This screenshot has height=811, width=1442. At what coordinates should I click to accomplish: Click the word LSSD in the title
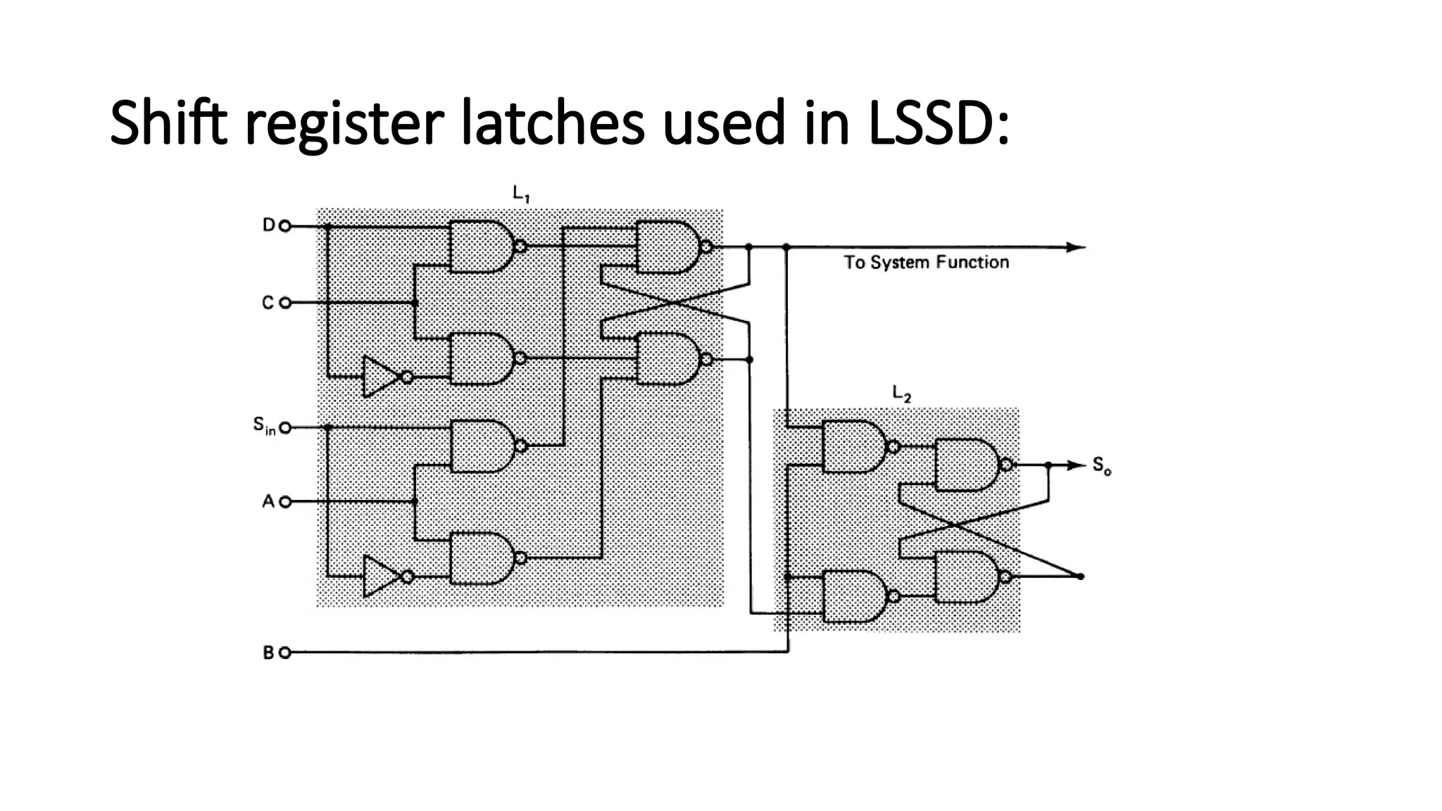coord(932,122)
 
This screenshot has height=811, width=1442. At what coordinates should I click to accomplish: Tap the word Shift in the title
coord(168,122)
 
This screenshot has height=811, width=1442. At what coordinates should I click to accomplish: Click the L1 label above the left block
coord(520,193)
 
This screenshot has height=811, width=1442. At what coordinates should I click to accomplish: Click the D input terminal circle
coord(284,226)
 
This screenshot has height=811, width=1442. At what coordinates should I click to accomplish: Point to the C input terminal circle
coord(284,303)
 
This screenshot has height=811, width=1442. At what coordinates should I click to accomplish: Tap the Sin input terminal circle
coord(284,427)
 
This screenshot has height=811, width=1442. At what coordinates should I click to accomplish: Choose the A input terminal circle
coord(284,502)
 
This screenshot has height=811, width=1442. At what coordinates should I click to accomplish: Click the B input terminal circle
coord(284,653)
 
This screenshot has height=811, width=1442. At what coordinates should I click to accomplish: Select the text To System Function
coord(926,263)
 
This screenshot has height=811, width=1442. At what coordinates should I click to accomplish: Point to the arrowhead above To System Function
coord(1075,247)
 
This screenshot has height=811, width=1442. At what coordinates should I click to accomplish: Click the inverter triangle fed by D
coord(380,377)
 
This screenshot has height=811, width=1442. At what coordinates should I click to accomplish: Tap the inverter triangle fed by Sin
coord(380,576)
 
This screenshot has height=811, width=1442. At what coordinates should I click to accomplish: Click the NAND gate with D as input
coord(481,246)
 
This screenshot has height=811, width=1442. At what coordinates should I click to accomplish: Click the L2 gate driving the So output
coord(967,465)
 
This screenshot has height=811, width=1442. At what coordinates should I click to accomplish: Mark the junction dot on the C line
coord(415,303)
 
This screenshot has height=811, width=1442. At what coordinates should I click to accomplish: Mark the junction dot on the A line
coord(415,501)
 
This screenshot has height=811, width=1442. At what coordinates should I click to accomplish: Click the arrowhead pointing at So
coord(1077,465)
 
